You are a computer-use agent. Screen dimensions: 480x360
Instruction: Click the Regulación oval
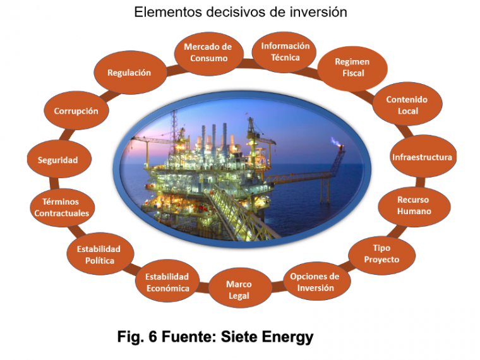click(x=130, y=73)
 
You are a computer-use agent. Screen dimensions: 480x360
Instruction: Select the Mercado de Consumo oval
click(x=209, y=52)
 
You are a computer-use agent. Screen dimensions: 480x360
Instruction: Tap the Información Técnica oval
click(x=284, y=52)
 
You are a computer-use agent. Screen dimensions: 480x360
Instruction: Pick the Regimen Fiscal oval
click(x=352, y=68)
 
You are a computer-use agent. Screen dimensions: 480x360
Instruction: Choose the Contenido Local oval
click(x=407, y=104)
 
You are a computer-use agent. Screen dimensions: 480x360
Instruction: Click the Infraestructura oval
click(x=423, y=157)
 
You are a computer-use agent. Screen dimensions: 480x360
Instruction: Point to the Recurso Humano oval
click(x=414, y=207)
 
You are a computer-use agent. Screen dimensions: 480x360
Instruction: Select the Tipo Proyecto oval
click(x=381, y=255)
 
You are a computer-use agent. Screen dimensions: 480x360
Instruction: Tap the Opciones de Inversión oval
click(x=315, y=281)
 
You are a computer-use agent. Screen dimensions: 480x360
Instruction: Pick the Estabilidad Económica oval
click(x=168, y=281)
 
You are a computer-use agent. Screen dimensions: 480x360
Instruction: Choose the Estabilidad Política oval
click(x=100, y=253)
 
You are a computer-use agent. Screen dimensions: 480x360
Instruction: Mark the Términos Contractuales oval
click(x=62, y=207)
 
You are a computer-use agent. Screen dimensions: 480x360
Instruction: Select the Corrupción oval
click(x=76, y=110)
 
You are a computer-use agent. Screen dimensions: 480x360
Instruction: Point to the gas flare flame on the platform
click(x=335, y=141)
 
